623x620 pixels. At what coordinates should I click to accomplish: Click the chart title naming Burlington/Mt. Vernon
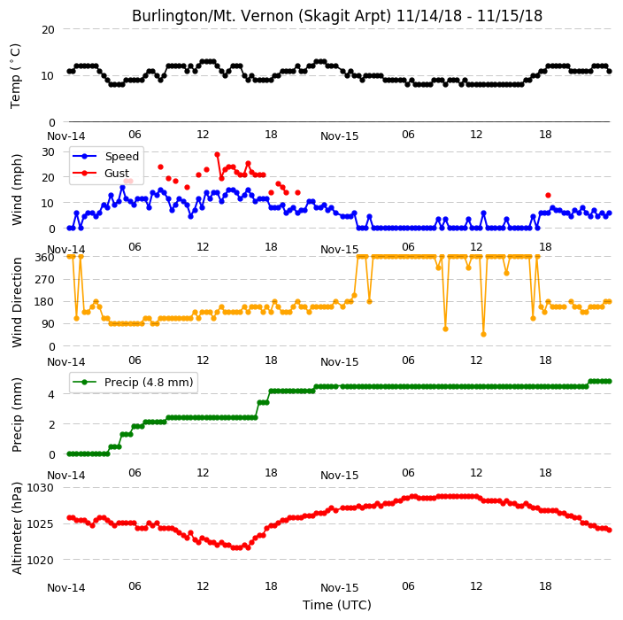[337, 16]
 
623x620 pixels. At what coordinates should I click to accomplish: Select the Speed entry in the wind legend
[105, 156]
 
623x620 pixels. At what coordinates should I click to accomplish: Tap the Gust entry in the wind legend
[101, 173]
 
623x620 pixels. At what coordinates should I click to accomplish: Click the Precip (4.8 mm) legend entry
[133, 382]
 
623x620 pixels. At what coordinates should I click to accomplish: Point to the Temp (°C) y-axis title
[15, 76]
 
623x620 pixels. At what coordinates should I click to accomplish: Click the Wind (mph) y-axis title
[17, 190]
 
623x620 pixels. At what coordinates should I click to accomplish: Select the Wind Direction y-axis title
[17, 302]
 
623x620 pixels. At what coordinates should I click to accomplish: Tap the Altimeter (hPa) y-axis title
[17, 528]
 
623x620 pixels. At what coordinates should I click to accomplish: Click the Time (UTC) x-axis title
[337, 605]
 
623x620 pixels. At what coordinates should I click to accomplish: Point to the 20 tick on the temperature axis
[48, 30]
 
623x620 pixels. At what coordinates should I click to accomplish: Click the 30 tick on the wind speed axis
[48, 152]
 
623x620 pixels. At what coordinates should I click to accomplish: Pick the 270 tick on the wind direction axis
[45, 280]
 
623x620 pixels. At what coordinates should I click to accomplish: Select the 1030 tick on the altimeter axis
[40, 487]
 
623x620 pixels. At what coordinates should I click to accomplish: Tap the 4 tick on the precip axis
[51, 394]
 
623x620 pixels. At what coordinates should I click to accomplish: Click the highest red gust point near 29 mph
[217, 155]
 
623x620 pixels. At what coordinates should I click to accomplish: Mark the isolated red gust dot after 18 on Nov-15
[549, 195]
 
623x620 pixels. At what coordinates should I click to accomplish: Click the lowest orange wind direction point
[483, 335]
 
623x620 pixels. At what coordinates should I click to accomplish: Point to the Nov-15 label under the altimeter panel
[339, 588]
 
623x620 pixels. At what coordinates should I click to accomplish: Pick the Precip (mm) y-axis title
[17, 415]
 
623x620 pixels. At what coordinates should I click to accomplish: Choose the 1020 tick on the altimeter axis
[40, 560]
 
